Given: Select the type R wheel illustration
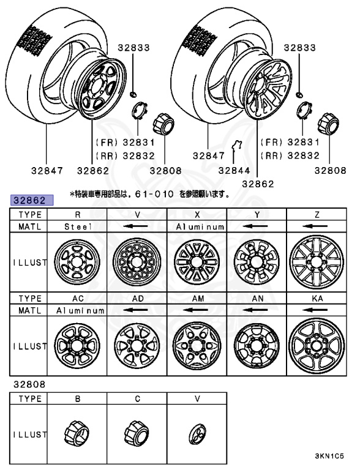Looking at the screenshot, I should [x=77, y=261].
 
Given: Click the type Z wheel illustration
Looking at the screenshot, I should [x=317, y=261].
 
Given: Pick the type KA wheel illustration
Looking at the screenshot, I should [x=317, y=346].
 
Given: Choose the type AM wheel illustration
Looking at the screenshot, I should [x=197, y=346].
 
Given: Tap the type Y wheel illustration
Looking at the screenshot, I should [x=257, y=261].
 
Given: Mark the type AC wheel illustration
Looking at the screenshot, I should [x=77, y=346].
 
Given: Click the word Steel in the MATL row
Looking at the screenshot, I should [x=77, y=226].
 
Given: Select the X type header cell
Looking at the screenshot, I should [x=197, y=215].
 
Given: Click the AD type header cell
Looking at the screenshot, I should [x=137, y=299].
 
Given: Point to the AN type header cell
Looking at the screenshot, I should [x=257, y=299].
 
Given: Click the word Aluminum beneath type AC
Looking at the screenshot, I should [x=77, y=310].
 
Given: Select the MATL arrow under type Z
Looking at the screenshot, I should [x=317, y=226].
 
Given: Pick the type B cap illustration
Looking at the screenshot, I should [x=77, y=434].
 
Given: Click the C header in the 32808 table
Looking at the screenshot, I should [x=137, y=398].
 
